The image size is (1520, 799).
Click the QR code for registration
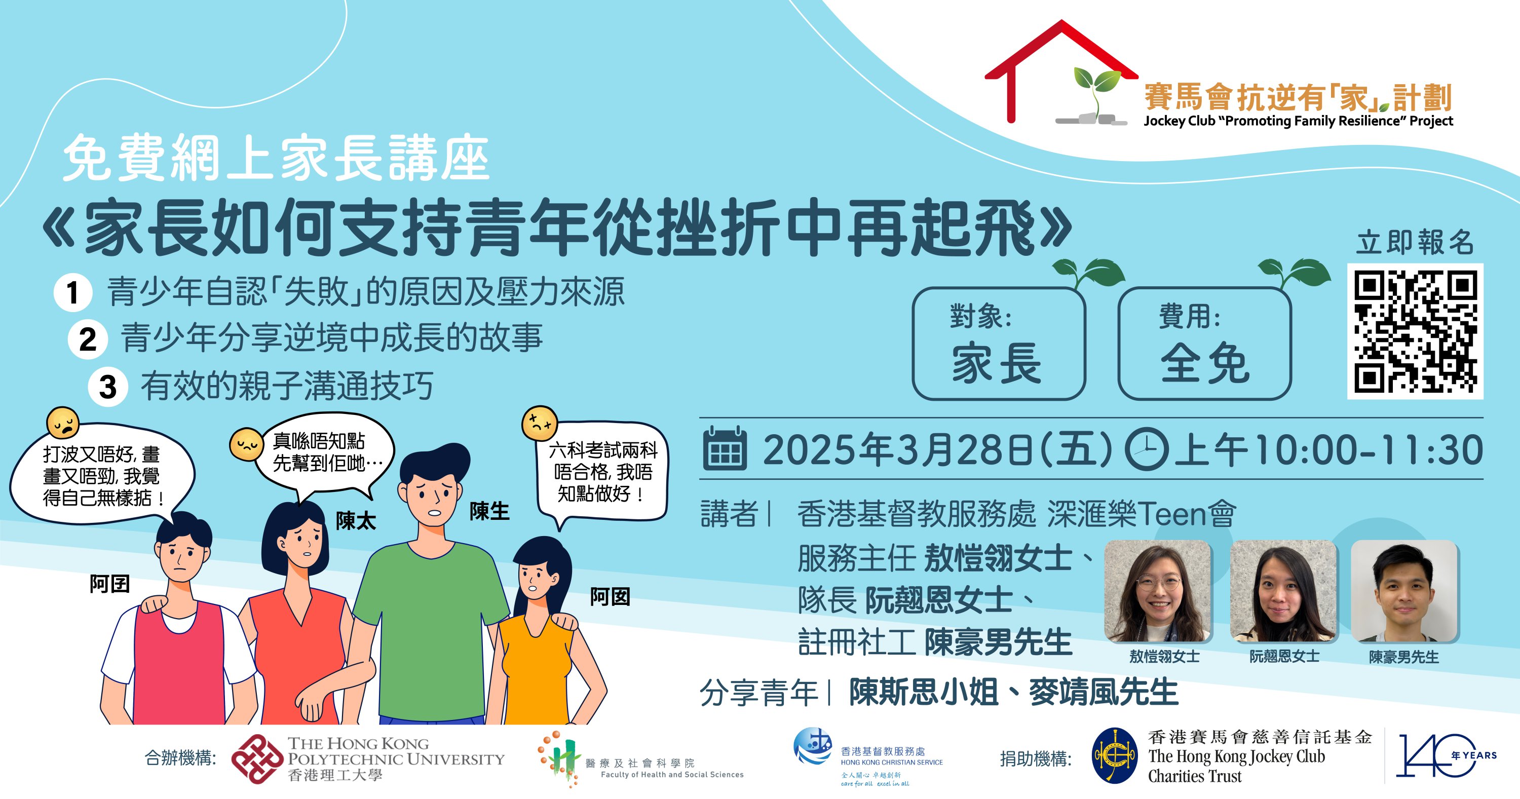(x=1415, y=331)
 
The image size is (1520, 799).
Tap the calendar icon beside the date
(x=725, y=448)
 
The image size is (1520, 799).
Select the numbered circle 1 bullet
(x=72, y=292)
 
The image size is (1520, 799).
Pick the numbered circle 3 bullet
(x=107, y=387)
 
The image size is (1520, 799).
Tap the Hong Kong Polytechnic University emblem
(x=257, y=759)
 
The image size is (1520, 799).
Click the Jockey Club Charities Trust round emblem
(x=1114, y=756)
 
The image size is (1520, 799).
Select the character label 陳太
(x=356, y=521)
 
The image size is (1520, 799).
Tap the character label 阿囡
(x=610, y=597)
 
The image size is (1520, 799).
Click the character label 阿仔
(x=110, y=584)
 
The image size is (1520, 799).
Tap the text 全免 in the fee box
(x=1205, y=363)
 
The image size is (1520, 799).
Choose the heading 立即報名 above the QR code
(x=1415, y=243)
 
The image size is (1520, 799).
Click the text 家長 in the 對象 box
(x=997, y=363)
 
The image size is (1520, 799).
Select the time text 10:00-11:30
(x=1369, y=450)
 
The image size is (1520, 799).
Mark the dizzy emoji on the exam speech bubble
(x=539, y=423)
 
